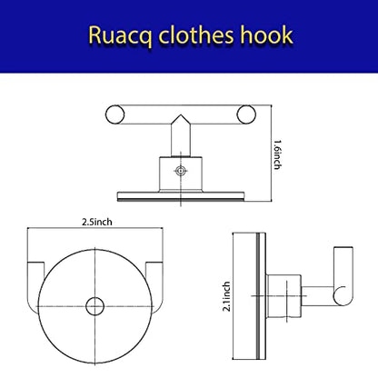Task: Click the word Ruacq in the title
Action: (121, 36)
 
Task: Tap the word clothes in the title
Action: (196, 35)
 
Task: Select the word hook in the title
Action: (266, 35)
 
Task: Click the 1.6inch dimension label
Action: (278, 154)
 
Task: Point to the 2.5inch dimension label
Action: (97, 222)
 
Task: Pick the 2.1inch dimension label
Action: (226, 296)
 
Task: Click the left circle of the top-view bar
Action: (115, 114)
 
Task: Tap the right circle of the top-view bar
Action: (246, 114)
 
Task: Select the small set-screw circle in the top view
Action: (181, 171)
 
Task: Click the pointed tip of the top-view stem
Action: (181, 114)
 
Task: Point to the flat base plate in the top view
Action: (181, 196)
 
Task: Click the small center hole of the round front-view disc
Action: (95, 306)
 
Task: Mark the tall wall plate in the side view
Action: (249, 296)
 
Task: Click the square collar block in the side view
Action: (283, 296)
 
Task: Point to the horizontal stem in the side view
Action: (318, 296)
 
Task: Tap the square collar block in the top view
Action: (181, 174)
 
